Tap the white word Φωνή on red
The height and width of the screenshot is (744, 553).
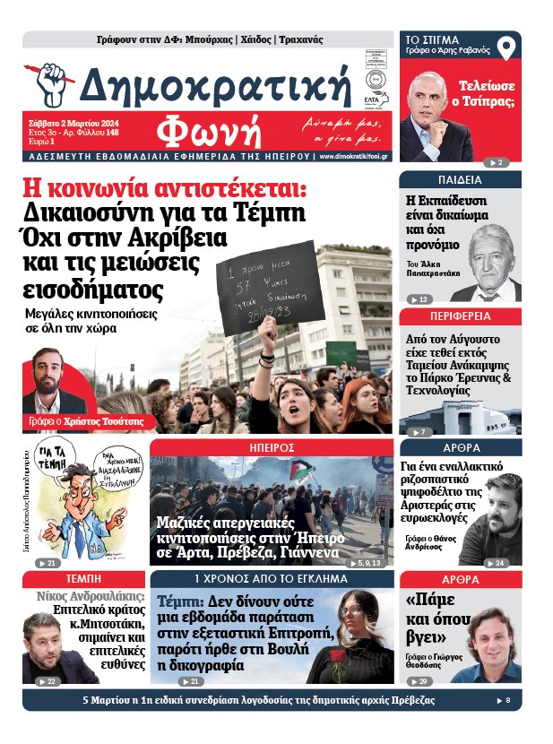click(x=209, y=132)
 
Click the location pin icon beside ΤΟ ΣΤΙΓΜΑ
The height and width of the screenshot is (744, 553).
click(x=508, y=48)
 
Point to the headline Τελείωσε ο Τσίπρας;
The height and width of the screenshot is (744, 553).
click(x=486, y=93)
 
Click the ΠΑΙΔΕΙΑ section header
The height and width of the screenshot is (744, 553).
click(x=460, y=179)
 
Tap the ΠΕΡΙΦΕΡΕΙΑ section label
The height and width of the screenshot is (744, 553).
click(x=460, y=316)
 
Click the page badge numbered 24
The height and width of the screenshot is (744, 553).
click(x=497, y=563)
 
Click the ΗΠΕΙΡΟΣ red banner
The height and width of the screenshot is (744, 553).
click(x=272, y=446)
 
